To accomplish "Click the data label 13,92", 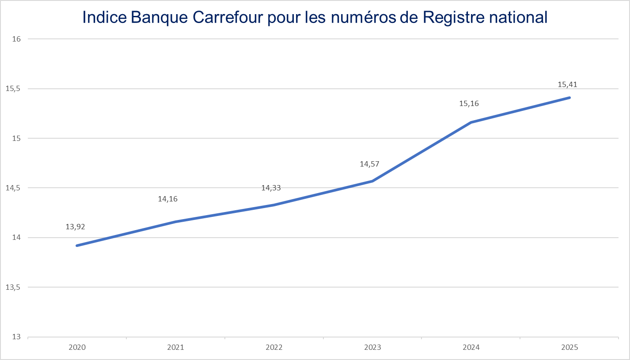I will (75, 227).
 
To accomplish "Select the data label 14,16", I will (168, 199).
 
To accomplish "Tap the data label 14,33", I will (271, 188).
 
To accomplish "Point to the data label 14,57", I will (369, 164).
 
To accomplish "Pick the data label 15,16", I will (469, 104).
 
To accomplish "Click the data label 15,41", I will (567, 85).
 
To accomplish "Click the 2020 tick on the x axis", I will (77, 348).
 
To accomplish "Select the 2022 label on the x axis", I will (274, 348).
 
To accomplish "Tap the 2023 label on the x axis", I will (372, 348).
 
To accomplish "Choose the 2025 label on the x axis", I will (569, 348).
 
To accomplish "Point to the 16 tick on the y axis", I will (17, 39).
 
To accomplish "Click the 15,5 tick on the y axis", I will (14, 89).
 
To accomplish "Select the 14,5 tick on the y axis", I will (14, 188).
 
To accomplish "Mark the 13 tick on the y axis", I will (17, 337).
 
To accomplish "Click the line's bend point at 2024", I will (471, 122).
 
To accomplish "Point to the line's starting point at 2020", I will (77, 246).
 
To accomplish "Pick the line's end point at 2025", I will (569, 98).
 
